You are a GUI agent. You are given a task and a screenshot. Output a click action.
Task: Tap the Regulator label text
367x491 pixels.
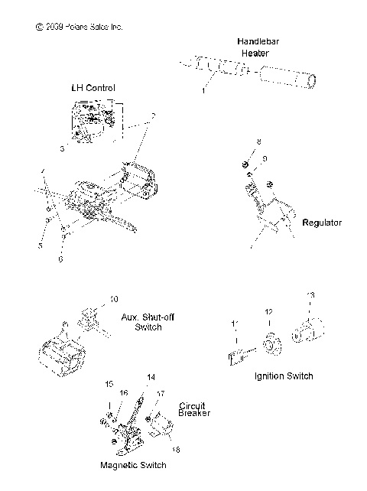tap(322, 223)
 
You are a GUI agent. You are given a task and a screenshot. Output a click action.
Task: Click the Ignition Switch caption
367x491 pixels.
tap(283, 376)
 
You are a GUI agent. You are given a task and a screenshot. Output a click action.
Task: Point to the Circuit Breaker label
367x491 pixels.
tap(193, 408)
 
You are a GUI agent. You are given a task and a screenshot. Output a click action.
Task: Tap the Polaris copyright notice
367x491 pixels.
tap(79, 27)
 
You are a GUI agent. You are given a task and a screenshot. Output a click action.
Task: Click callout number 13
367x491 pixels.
tap(310, 295)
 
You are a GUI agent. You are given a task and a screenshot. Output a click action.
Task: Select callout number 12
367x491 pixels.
tap(268, 312)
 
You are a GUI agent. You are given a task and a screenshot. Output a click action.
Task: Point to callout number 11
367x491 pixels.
tap(235, 325)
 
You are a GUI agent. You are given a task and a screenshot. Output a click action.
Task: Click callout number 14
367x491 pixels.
tap(150, 377)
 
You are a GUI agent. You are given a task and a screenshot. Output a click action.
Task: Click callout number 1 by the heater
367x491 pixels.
tap(203, 89)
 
